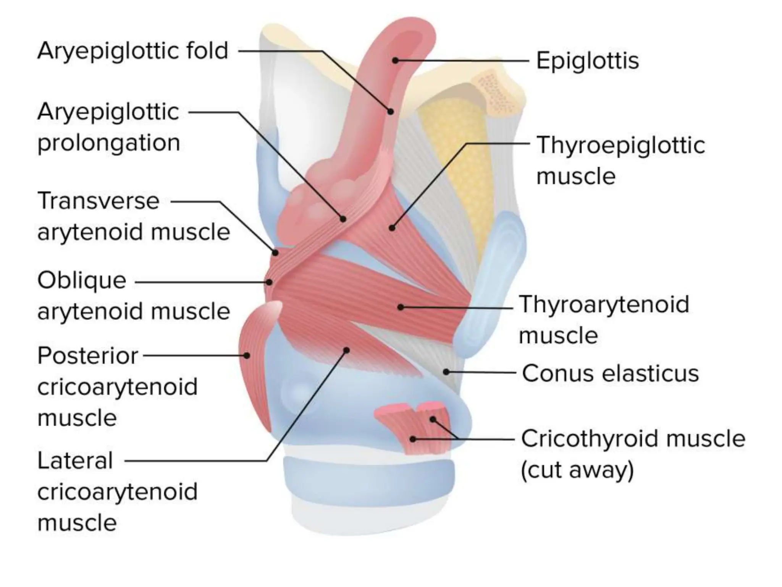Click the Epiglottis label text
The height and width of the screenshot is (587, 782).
point(587,61)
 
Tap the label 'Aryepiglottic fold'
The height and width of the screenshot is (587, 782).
point(132,51)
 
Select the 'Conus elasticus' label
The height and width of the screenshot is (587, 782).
point(610,373)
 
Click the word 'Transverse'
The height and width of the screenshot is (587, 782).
point(98,201)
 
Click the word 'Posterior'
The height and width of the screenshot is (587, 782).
point(87,356)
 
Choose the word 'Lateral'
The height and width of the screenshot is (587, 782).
point(75,461)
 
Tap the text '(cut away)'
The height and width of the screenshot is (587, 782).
point(577,470)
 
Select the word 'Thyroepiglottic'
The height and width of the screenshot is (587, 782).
point(620,145)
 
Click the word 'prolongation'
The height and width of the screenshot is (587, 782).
point(108,143)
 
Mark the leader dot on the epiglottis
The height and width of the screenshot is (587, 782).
point(396,60)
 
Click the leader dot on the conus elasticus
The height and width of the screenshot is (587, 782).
point(446,371)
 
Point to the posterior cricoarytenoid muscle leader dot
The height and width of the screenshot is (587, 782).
point(247,355)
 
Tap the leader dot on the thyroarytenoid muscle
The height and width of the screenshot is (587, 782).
point(400,307)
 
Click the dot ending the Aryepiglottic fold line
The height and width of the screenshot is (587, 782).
point(390,112)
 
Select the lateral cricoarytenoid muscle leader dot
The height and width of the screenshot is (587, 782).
point(346,350)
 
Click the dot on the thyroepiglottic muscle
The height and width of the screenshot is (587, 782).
point(392,228)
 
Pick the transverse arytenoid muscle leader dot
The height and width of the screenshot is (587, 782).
point(275,253)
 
